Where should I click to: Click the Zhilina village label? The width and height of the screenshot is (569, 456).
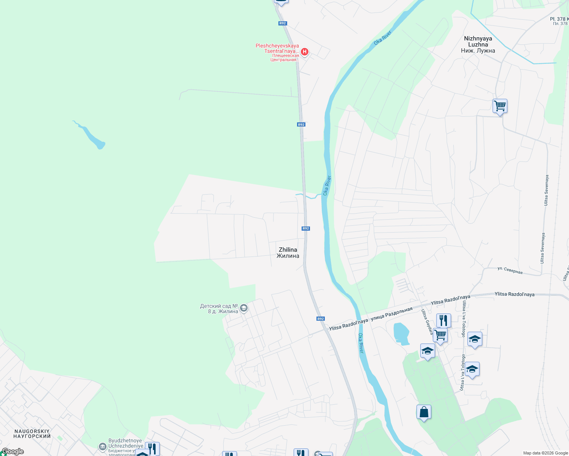pyautogui.click(x=288, y=253)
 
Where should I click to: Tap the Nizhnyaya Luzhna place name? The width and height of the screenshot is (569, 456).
pyautogui.click(x=478, y=44)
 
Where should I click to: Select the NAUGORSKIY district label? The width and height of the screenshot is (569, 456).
pyautogui.click(x=32, y=434)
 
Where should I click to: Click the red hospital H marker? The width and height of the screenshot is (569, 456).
pyautogui.click(x=304, y=51)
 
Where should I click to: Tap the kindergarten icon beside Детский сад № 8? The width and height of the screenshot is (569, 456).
pyautogui.click(x=244, y=308)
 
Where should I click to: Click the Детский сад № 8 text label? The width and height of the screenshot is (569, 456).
pyautogui.click(x=219, y=309)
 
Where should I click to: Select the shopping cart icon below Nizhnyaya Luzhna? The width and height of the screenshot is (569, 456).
pyautogui.click(x=500, y=106)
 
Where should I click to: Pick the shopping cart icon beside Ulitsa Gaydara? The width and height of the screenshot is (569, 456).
pyautogui.click(x=440, y=336)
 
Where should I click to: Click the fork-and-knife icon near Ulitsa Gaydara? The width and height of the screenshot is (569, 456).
pyautogui.click(x=443, y=321)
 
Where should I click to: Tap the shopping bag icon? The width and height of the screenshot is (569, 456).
pyautogui.click(x=424, y=412)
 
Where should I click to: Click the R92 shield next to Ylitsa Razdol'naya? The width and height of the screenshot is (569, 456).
pyautogui.click(x=321, y=319)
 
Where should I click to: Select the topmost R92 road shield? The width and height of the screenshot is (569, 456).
pyautogui.click(x=282, y=23)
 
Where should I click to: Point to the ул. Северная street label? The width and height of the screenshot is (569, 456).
pyautogui.click(x=510, y=270)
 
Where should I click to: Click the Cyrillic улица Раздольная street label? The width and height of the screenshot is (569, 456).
pyautogui.click(x=391, y=313)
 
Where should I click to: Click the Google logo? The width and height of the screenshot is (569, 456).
pyautogui.click(x=13, y=451)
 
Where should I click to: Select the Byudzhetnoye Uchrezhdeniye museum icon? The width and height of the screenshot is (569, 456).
pyautogui.click(x=102, y=446)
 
